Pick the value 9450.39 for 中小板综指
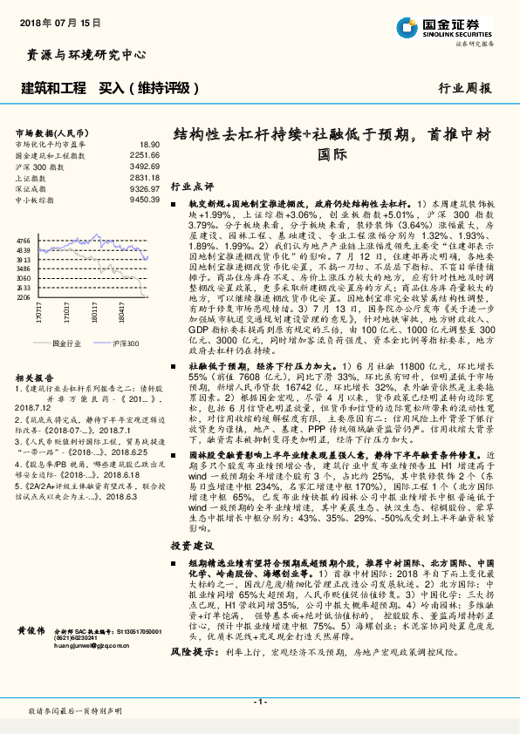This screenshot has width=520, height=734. coord(145,200)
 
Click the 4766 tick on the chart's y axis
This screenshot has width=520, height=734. coord(23,241)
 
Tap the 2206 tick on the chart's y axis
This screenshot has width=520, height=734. coord(23,297)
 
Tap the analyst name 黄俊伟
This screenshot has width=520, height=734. coord(31,629)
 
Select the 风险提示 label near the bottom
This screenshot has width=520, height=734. coord(190,651)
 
